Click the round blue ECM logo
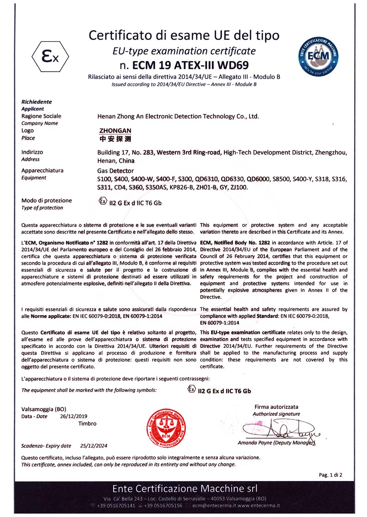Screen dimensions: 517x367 pyautogui.click(x=318, y=56)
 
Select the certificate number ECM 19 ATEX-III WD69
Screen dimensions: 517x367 pyautogui.click(x=184, y=65)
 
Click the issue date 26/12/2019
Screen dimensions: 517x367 pyautogui.click(x=74, y=416)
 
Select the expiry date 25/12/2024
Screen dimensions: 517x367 pyautogui.click(x=94, y=446)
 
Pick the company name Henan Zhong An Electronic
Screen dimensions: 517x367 pyautogui.click(x=178, y=116)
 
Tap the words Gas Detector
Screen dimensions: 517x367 pyautogui.click(x=116, y=171)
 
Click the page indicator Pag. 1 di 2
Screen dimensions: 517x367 pyautogui.click(x=330, y=475)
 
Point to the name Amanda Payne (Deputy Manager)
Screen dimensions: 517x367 pyautogui.click(x=276, y=443)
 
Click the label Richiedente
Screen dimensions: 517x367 pyautogui.click(x=36, y=102)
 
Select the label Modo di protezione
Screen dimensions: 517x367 pyautogui.click(x=47, y=201)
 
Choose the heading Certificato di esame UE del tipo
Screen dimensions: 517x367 pyautogui.click(x=184, y=35)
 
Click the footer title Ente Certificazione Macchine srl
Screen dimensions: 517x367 pyautogui.click(x=185, y=489)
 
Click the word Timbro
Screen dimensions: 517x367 pyautogui.click(x=87, y=424)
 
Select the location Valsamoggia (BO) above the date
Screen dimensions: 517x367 pyautogui.click(x=44, y=409)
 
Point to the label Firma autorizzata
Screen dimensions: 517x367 pyautogui.click(x=276, y=407)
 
